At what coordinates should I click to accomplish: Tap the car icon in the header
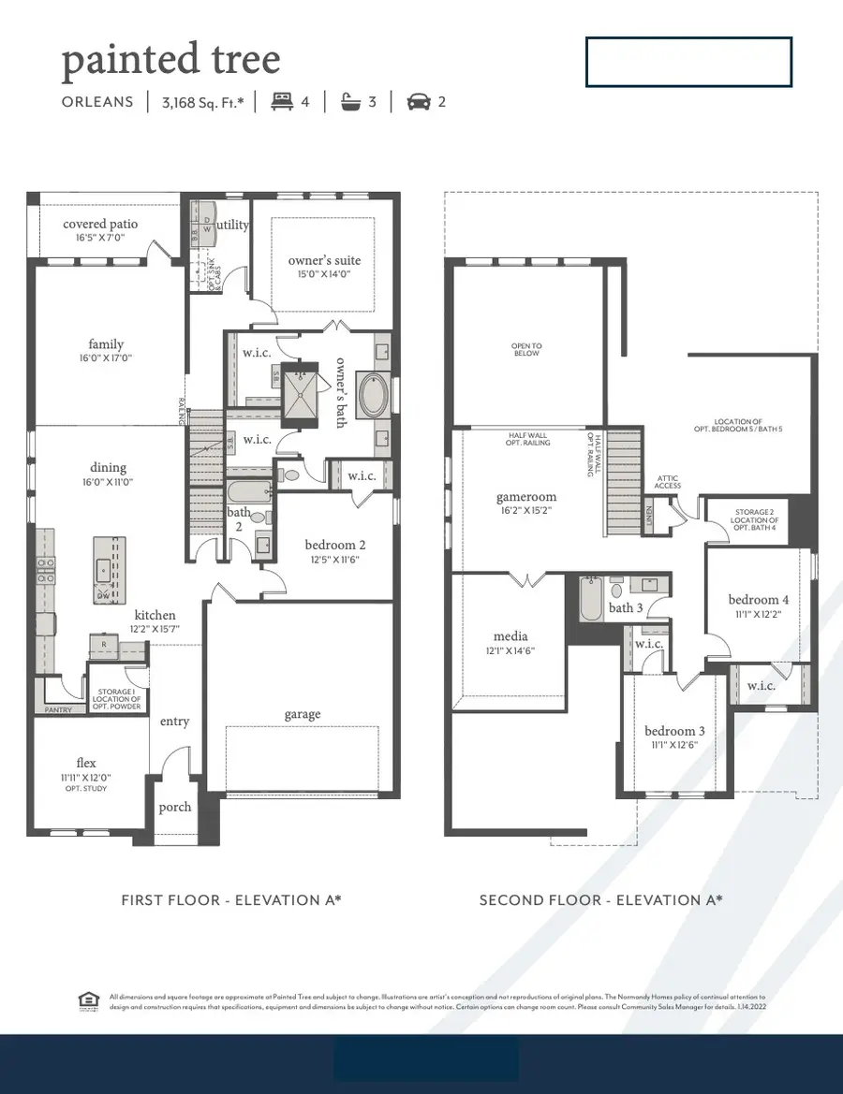(x=418, y=102)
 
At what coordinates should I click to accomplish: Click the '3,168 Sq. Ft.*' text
(x=202, y=102)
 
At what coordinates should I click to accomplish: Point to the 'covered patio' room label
(x=100, y=224)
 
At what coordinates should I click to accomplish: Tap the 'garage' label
(x=302, y=714)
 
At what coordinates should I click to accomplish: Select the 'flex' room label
(x=86, y=762)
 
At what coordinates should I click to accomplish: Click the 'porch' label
(x=175, y=807)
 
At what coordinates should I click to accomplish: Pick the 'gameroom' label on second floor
(x=526, y=497)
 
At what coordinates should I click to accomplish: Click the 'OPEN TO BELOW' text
(x=526, y=350)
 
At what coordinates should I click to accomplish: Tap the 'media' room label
(x=510, y=635)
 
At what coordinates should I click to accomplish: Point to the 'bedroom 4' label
(x=759, y=600)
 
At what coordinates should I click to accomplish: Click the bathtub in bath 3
(x=591, y=601)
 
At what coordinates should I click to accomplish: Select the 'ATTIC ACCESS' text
(x=668, y=483)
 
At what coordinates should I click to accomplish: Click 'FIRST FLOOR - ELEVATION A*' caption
(x=231, y=900)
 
